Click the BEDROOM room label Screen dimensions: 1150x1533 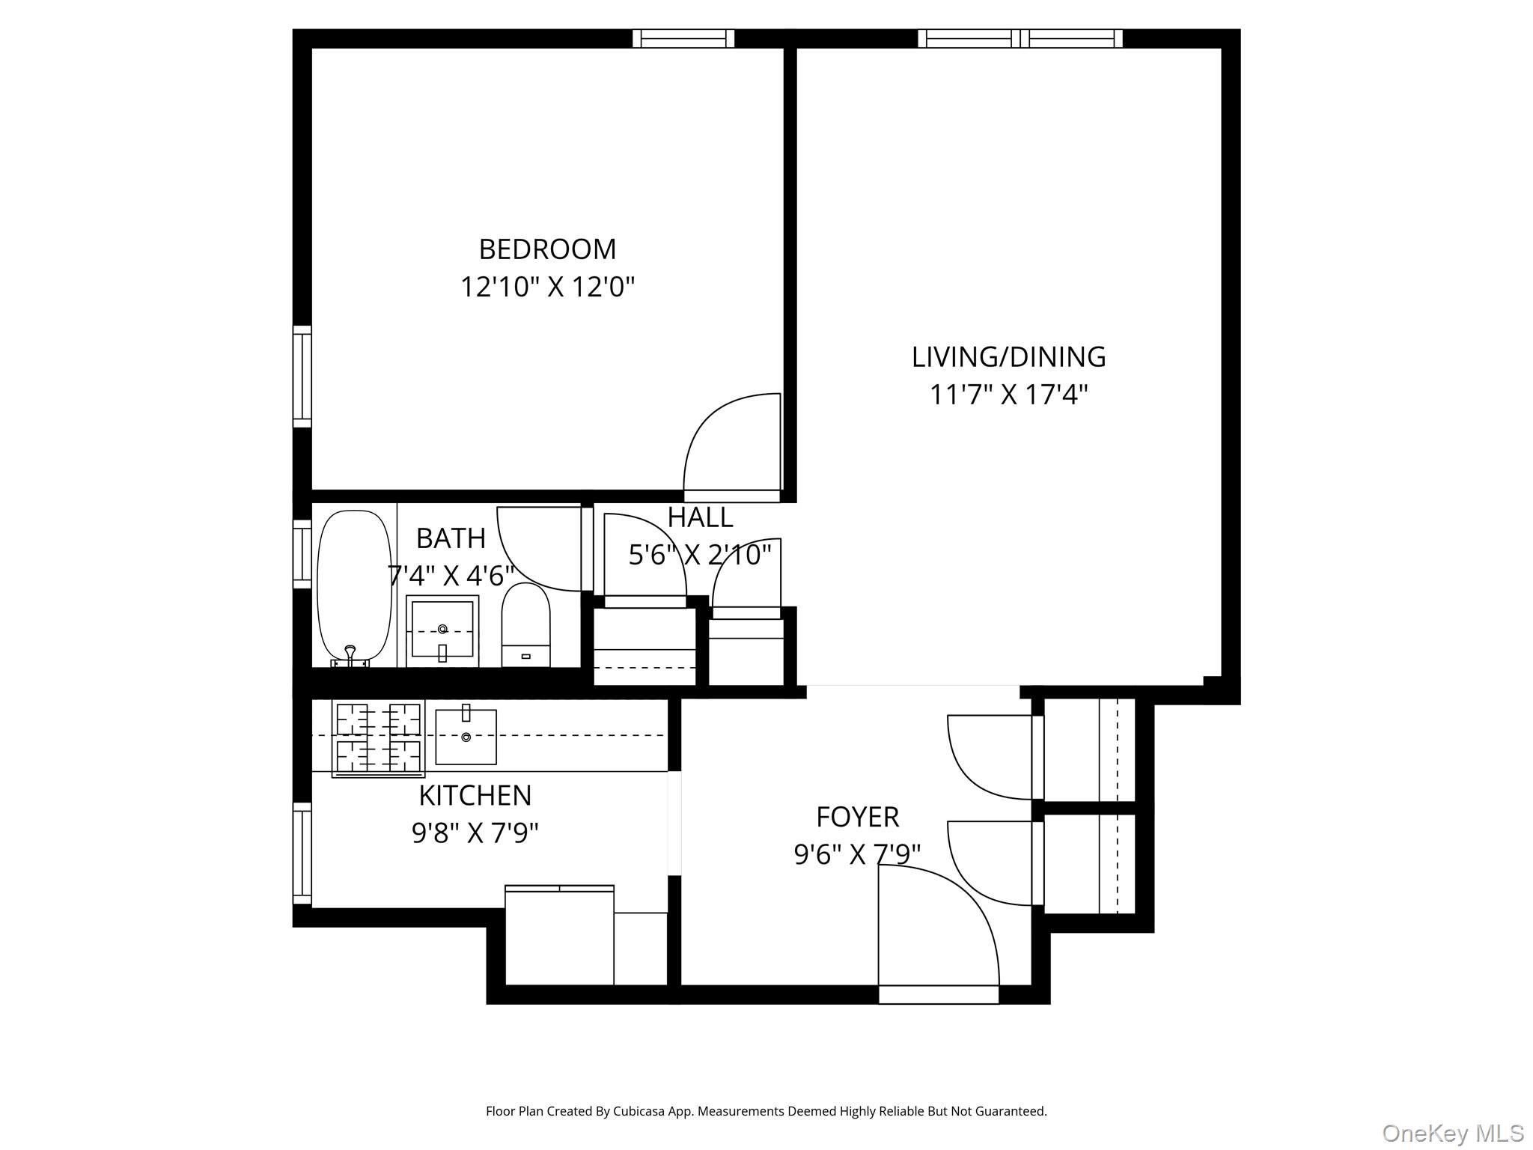point(547,249)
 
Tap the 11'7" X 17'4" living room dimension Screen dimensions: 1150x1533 point(1008,395)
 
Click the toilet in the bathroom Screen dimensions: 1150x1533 point(525,626)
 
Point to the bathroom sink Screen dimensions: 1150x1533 point(442,630)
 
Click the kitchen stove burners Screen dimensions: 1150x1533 point(378,738)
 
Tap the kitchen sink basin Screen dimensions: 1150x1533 point(466,737)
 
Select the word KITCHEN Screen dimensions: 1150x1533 point(475,795)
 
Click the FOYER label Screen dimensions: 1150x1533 point(857,817)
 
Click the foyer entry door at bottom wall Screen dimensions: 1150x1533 point(939,994)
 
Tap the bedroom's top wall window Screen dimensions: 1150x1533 point(683,38)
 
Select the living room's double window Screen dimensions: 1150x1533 point(1020,38)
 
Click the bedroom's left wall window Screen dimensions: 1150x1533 point(302,377)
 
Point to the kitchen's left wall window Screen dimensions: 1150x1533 point(302,854)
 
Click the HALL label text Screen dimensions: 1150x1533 point(700,517)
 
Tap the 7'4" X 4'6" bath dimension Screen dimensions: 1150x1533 point(451,576)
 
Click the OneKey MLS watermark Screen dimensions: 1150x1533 point(1452,1133)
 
